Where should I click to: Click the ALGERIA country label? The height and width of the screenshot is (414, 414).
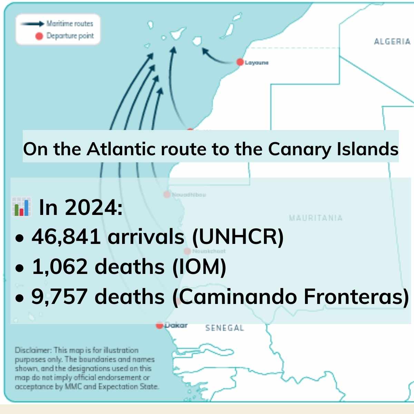[392, 42]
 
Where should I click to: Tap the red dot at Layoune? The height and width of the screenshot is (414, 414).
[240, 62]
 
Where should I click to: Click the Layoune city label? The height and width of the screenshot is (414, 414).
[257, 63]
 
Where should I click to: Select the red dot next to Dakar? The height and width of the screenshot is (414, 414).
[159, 325]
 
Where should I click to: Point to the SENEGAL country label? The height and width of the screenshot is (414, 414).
[225, 328]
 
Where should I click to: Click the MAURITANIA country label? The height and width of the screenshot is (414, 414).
[316, 218]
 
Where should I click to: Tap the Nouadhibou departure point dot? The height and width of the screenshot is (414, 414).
[167, 195]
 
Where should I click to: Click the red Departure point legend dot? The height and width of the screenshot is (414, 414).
[39, 36]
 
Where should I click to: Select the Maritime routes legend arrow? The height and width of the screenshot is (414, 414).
[32, 24]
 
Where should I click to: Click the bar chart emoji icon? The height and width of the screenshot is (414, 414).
[21, 207]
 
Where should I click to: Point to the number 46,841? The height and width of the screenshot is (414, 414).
[66, 237]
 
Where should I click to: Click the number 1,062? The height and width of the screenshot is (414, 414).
[60, 267]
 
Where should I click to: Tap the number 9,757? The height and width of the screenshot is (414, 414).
[59, 297]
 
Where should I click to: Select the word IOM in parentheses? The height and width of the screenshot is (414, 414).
[199, 267]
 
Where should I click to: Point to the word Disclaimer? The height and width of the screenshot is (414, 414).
[33, 351]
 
